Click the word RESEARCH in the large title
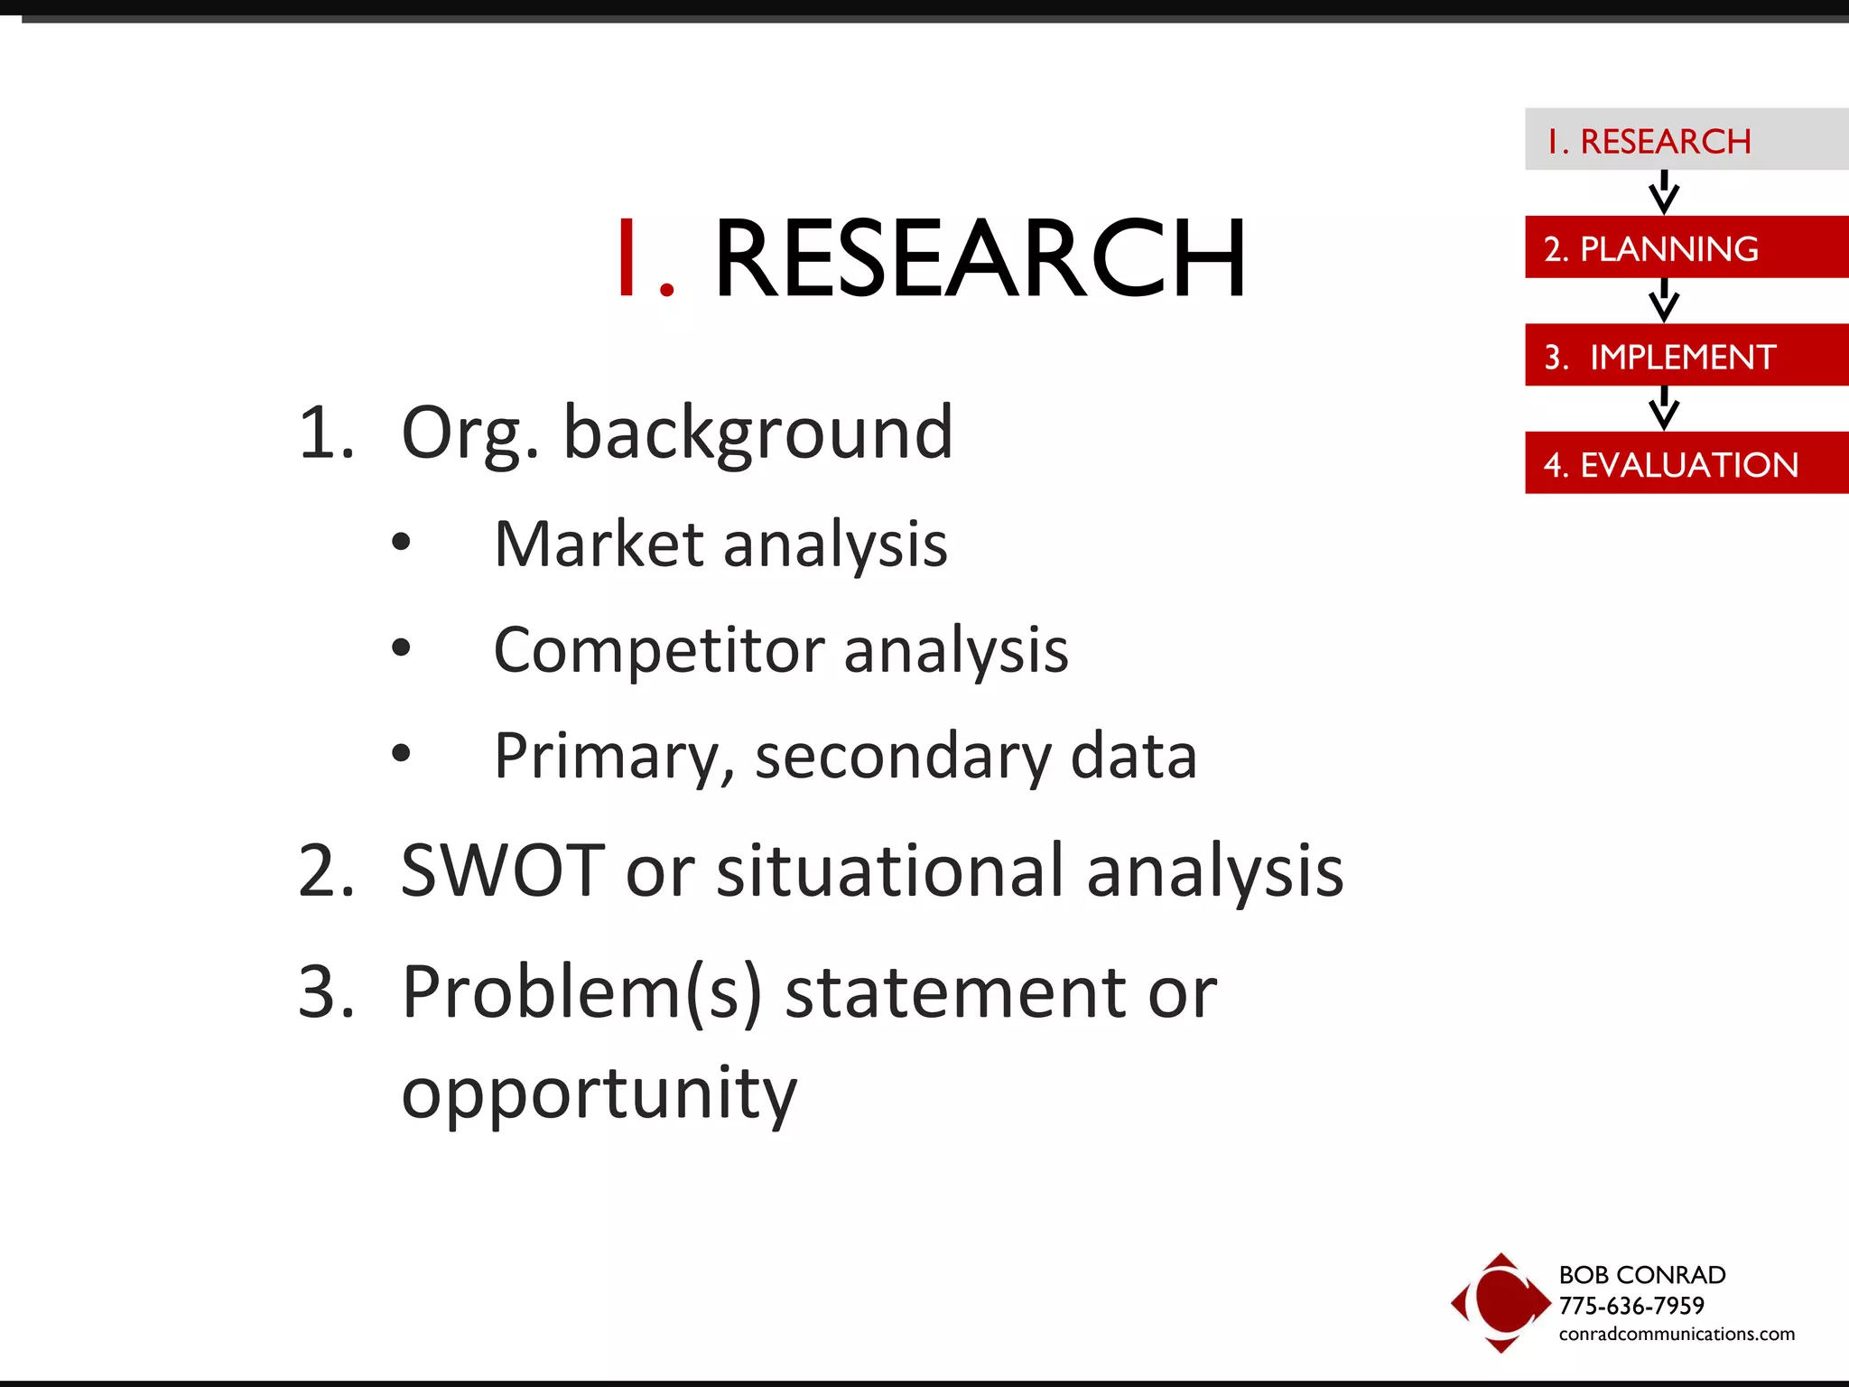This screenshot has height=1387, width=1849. pos(980,259)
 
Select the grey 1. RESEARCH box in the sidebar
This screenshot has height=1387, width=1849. pos(1685,140)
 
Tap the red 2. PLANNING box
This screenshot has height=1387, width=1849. pos(1685,247)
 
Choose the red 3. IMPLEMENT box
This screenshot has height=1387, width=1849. pos(1685,356)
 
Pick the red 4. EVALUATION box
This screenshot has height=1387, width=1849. pos(1685,463)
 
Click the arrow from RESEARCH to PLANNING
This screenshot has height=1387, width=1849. pos(1663,192)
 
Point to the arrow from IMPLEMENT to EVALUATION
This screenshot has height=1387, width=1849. pos(1663,408)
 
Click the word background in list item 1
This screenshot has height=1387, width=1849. pos(757,434)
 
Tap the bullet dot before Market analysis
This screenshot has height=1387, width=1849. pos(402,543)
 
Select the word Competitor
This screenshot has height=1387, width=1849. pos(658,650)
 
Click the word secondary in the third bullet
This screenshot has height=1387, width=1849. pos(902,757)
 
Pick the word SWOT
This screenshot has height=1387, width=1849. pos(502,870)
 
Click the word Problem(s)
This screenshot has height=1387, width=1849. pos(581,993)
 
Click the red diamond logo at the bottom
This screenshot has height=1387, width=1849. pos(1500,1302)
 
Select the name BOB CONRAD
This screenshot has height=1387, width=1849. pos(1641,1274)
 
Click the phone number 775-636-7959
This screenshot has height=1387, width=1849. pos(1631,1305)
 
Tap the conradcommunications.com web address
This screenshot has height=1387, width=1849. pos(1676,1334)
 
